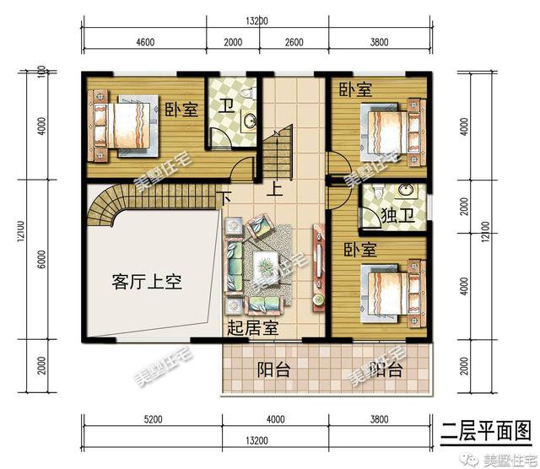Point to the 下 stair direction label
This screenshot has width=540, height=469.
pos(224,197)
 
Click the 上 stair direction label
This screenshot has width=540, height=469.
pos(276,190)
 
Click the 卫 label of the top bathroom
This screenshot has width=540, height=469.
pos(226,108)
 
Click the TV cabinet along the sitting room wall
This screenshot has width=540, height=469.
pos(319,265)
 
